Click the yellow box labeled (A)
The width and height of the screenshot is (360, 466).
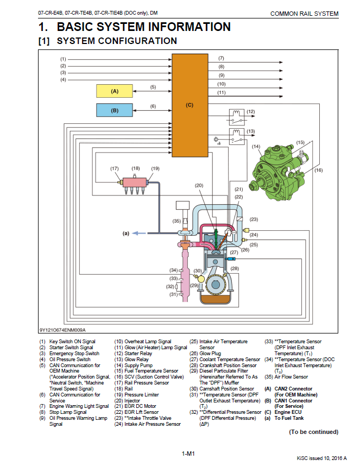coord(115,91)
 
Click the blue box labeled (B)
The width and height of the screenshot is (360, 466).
coord(115,110)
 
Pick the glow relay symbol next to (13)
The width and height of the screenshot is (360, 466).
coord(235,136)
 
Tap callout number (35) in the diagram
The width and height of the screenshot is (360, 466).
coord(176,221)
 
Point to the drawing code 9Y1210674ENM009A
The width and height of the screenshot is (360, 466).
coord(62,330)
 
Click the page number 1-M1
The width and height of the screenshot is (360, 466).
coord(188,453)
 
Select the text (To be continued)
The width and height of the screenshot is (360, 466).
coord(313,432)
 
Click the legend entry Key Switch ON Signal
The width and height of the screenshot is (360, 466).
coord(72,342)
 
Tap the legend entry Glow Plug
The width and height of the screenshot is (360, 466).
coord(210,353)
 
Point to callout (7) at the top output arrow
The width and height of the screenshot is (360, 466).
coord(222,58)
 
